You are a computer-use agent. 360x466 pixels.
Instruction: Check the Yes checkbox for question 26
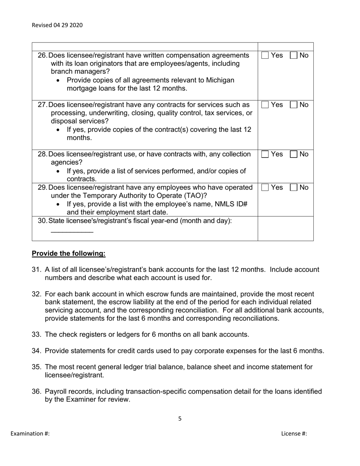[x=265, y=55]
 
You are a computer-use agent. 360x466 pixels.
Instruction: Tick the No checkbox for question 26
[x=294, y=55]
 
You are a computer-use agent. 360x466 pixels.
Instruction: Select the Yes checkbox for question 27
[x=265, y=105]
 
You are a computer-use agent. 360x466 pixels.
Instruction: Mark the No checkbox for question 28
[x=294, y=154]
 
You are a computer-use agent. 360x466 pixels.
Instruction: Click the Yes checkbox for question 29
[x=265, y=188]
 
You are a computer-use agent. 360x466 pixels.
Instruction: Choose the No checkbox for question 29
[x=294, y=188]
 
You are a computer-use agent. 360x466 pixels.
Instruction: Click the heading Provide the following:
[x=69, y=253]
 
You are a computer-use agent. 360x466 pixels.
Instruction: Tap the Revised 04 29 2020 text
[x=57, y=25]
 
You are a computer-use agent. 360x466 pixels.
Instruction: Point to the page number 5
[x=180, y=419]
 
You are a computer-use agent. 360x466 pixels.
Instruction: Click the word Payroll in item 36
[x=55, y=391]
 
